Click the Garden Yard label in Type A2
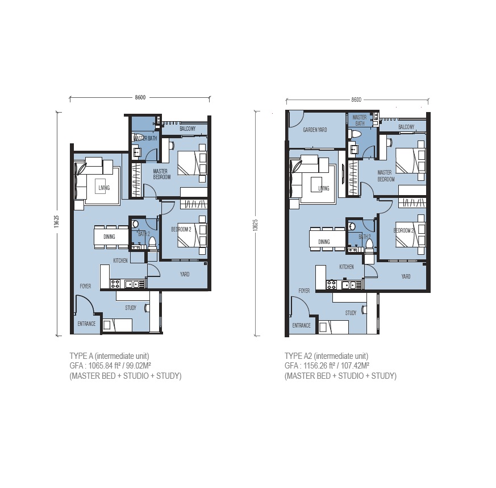[315, 130]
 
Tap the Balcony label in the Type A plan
[187, 129]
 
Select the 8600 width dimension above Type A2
[356, 100]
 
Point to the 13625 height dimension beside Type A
[56, 221]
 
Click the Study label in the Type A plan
[130, 308]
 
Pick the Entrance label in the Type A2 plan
[301, 325]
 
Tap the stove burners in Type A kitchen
[115, 284]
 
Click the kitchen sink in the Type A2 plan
[347, 286]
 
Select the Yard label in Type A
[185, 274]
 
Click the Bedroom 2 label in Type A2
[404, 230]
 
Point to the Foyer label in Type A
[85, 286]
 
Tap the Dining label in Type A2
[324, 242]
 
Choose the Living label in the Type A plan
[104, 188]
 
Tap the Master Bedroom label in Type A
[162, 174]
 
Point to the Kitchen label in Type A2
[347, 267]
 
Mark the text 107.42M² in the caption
[356, 366]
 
